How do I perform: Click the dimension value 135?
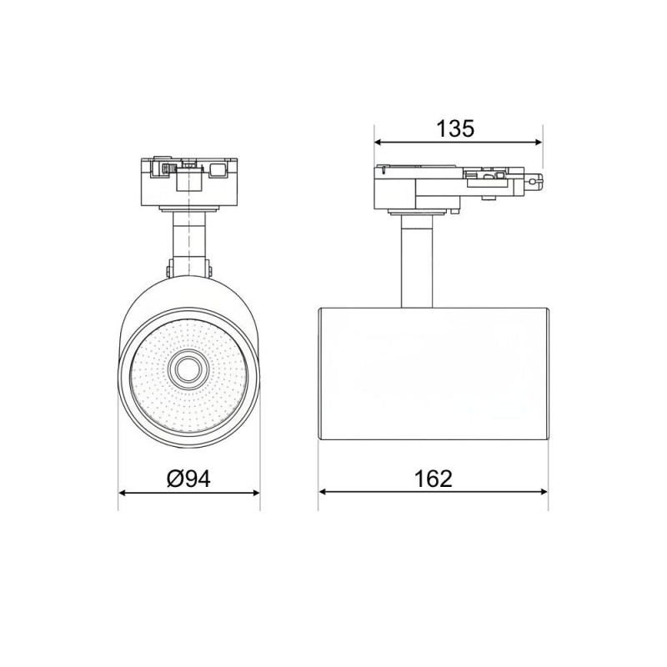[455, 128]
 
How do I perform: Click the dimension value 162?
[433, 479]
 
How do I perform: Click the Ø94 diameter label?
[188, 479]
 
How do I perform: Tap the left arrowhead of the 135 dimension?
[378, 143]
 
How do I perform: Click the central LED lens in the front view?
[188, 369]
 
